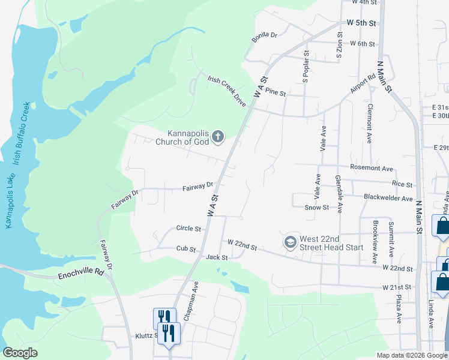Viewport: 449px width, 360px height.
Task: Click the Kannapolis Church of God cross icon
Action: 218,137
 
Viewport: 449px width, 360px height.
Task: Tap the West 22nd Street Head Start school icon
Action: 291,242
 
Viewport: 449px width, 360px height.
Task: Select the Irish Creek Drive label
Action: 227,91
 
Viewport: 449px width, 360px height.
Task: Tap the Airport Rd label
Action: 363,85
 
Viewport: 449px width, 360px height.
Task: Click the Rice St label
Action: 402,184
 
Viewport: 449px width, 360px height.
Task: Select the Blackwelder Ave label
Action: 388,197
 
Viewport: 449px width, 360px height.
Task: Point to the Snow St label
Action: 317,207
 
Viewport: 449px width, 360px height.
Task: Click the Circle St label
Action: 188,229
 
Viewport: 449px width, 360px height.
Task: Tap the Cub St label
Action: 186,248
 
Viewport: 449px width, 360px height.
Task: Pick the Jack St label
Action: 217,257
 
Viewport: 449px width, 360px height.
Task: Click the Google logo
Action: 20,353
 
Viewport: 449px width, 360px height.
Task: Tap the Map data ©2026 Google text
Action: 412,355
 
